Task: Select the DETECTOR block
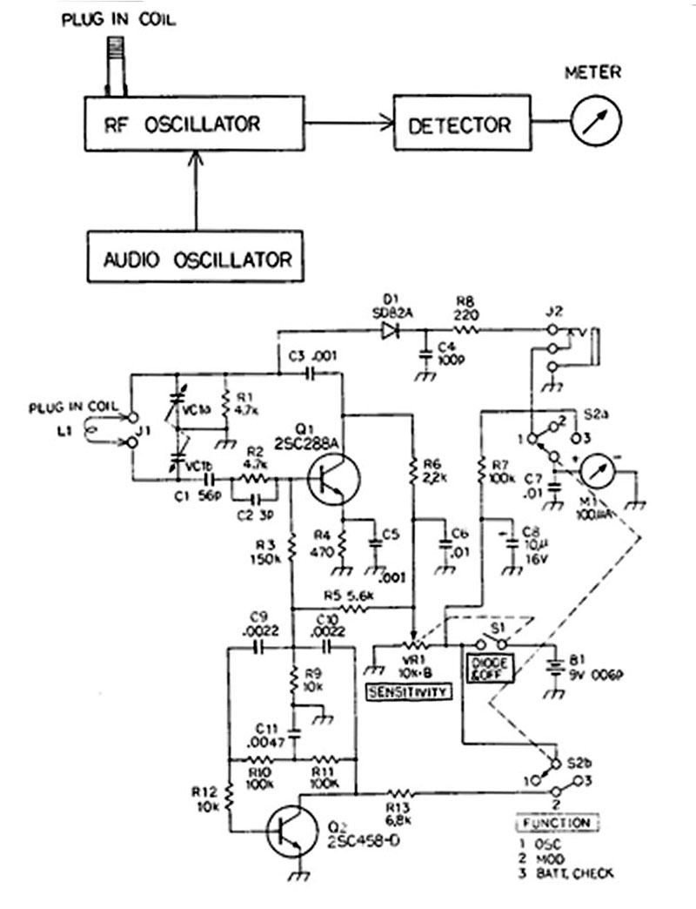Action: click(x=460, y=124)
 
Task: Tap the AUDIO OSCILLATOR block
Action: click(x=195, y=258)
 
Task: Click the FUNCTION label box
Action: click(x=556, y=822)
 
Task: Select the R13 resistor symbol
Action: click(x=401, y=793)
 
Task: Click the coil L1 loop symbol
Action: click(x=89, y=429)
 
